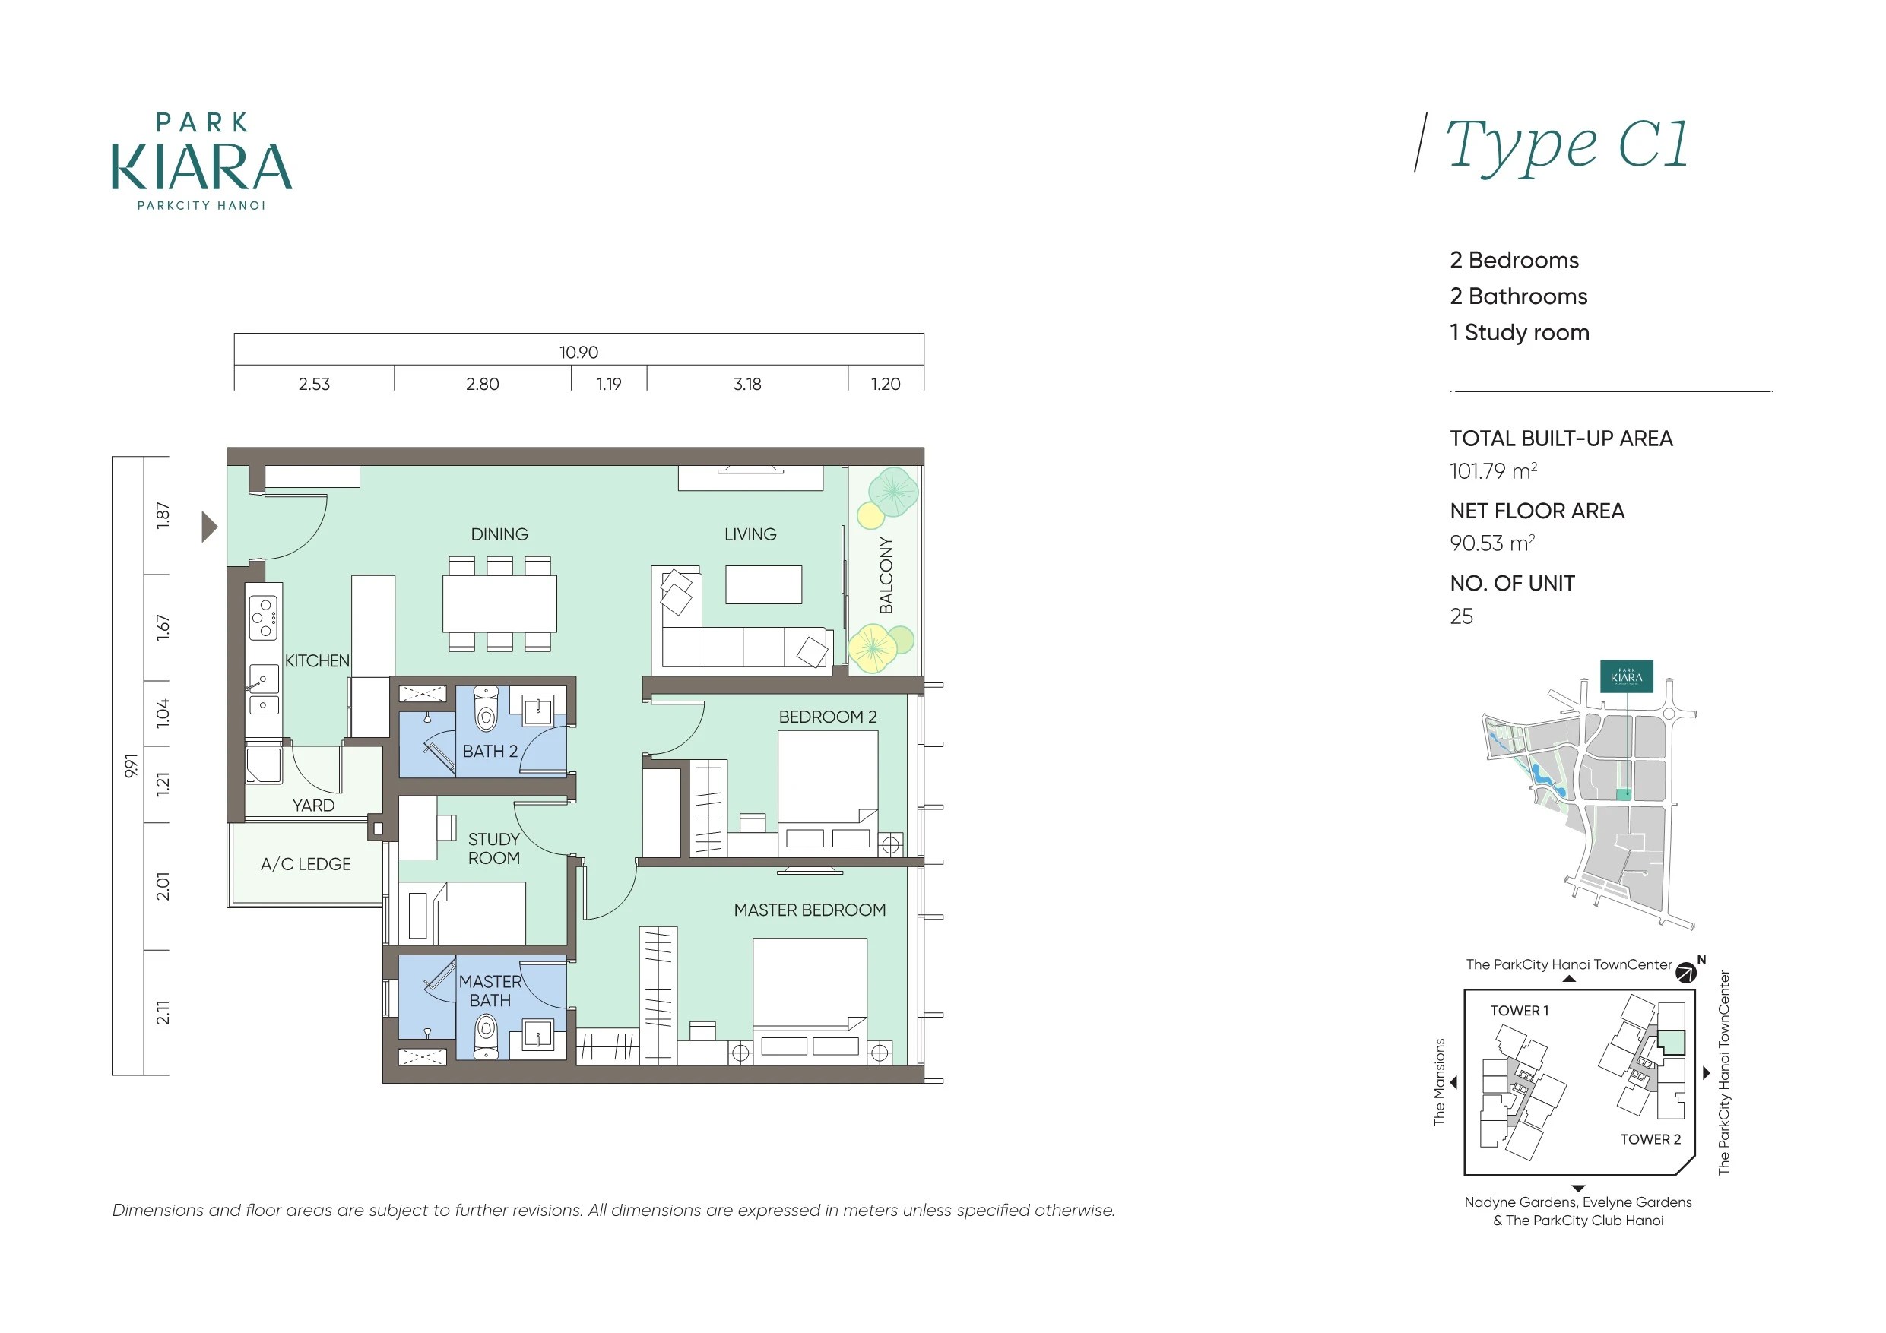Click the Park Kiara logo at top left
pos(202,161)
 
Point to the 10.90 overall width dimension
pos(579,353)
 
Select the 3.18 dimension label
pos(747,384)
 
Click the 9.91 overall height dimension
pos(131,765)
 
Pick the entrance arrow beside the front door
pos(210,527)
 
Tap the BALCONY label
pos(886,575)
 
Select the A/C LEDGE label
pos(306,864)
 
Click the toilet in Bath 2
pos(487,709)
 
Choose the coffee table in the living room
pos(763,584)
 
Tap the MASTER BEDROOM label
pos(810,910)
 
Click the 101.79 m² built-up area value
pos(1492,470)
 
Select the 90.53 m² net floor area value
pos(1491,543)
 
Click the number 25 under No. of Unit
pos(1461,616)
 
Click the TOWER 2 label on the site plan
pos(1650,1139)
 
